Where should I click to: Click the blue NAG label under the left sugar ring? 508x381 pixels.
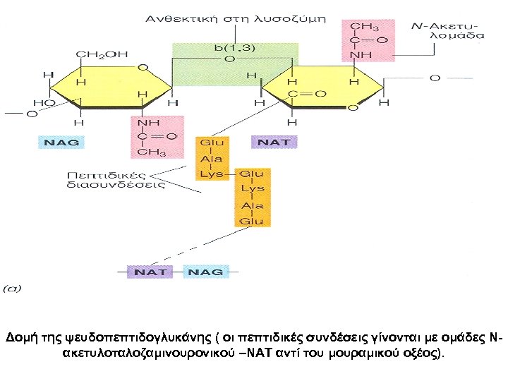click(62, 142)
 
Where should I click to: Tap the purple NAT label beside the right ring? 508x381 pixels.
click(274, 142)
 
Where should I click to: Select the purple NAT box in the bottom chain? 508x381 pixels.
click(150, 272)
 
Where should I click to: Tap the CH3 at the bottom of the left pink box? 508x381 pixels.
click(152, 152)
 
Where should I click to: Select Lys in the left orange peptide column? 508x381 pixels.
click(212, 174)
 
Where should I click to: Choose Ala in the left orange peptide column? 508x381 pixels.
click(212, 159)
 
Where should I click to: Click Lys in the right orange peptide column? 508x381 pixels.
click(252, 189)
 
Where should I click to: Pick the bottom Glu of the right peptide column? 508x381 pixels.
click(252, 221)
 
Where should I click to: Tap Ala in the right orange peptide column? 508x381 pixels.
click(252, 205)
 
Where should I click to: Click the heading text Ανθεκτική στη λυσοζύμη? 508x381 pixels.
click(236, 17)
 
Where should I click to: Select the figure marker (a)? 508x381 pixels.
click(13, 288)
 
